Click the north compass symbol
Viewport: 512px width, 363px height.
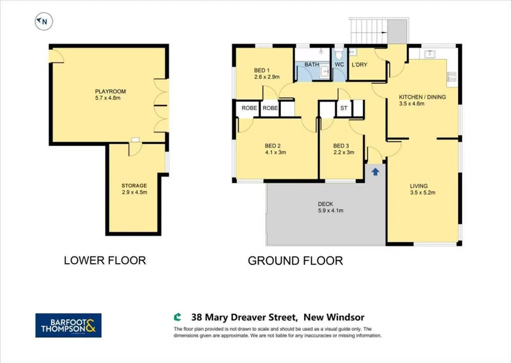(x=44, y=22)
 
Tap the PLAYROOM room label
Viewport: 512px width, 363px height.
(x=110, y=92)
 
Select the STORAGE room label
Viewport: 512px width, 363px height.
(x=134, y=186)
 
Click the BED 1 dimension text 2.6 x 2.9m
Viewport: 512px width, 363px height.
(x=267, y=77)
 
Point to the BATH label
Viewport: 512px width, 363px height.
(x=312, y=65)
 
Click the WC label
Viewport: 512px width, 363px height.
(x=339, y=65)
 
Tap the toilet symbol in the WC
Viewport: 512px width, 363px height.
(x=339, y=53)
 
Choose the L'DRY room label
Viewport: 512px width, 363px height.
(x=359, y=65)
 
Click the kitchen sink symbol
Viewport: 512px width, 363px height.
(x=429, y=54)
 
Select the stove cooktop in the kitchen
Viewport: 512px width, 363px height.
(x=452, y=77)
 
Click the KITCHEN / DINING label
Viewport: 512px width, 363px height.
(x=422, y=97)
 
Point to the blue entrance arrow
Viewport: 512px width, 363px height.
(x=375, y=171)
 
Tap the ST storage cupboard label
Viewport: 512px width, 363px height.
(x=344, y=108)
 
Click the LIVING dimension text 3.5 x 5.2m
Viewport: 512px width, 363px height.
(x=422, y=193)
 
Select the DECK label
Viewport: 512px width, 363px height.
(x=325, y=204)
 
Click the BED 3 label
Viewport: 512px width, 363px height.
(x=341, y=146)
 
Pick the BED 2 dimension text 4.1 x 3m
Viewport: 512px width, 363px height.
(x=275, y=152)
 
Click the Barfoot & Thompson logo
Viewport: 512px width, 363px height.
(x=68, y=325)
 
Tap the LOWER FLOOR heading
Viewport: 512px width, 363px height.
(x=105, y=261)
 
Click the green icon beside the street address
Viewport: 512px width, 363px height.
(x=177, y=317)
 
